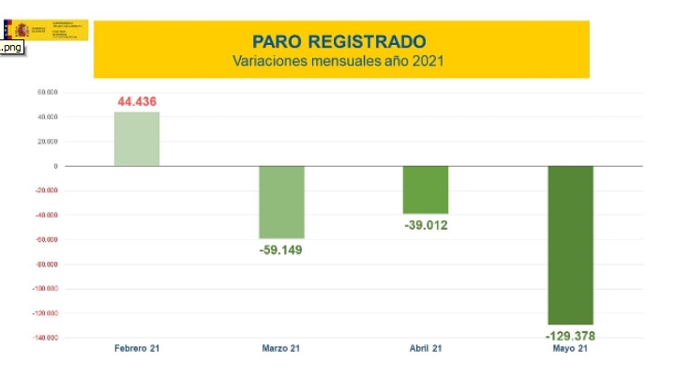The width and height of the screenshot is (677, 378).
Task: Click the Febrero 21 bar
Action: point(137,139)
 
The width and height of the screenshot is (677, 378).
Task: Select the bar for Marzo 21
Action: point(281,203)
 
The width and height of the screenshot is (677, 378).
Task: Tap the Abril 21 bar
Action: point(426,190)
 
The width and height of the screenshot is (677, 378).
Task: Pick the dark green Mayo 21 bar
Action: point(570,245)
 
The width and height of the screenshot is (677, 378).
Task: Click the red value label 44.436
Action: point(137,101)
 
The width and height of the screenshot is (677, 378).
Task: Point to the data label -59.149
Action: point(281,250)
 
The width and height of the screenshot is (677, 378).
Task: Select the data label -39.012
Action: point(426,226)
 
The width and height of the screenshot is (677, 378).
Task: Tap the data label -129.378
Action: point(570,336)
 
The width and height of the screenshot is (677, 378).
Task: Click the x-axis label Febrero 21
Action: point(137,349)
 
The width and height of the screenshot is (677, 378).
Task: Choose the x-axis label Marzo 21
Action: point(281,349)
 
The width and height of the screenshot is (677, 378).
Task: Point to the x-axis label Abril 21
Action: point(426,349)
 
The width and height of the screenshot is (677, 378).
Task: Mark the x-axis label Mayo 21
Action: point(570,349)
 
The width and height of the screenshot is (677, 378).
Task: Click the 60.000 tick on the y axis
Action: point(48,92)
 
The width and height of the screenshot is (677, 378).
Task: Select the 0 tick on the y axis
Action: point(56,166)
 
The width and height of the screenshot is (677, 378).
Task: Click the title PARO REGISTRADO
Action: point(339,41)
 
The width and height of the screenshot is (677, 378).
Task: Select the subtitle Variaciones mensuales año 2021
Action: point(339,61)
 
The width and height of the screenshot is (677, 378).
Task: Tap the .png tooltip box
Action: point(12,48)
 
